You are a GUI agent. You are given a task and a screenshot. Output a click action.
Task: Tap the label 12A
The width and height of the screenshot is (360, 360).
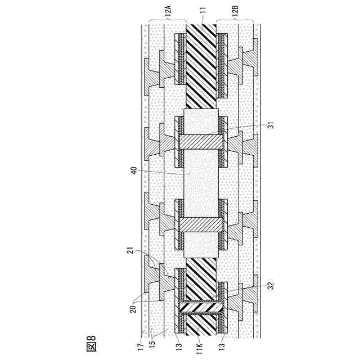(x=167, y=12)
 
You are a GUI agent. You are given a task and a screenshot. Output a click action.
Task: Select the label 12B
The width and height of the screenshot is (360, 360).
(x=236, y=12)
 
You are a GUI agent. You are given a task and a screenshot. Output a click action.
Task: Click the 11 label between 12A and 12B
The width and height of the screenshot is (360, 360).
(x=201, y=12)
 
